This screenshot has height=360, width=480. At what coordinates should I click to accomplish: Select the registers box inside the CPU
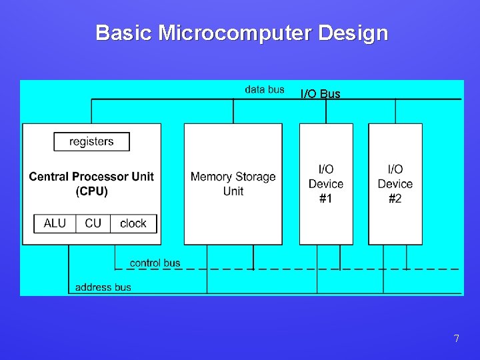(91, 141)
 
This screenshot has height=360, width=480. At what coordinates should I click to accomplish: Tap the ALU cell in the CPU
(55, 223)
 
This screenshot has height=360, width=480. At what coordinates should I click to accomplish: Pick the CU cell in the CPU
(93, 223)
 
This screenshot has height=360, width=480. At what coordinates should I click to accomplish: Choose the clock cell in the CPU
(133, 223)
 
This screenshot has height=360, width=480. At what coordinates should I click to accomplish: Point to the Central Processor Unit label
(91, 177)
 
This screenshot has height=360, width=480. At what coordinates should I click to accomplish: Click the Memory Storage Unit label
(233, 184)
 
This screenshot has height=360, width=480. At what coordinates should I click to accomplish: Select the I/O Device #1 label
(326, 184)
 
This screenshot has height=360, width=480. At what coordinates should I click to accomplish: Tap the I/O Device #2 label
(395, 184)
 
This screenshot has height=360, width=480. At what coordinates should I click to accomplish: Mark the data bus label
(265, 89)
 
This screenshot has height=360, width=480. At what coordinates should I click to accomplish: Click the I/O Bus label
(320, 94)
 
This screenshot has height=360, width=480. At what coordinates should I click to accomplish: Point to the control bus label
(155, 263)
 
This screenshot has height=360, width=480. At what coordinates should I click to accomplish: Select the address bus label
(103, 287)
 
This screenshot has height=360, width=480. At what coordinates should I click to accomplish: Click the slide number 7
(456, 339)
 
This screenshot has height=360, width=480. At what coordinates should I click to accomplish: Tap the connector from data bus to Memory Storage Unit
(233, 111)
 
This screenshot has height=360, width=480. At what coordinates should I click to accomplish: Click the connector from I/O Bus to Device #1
(326, 111)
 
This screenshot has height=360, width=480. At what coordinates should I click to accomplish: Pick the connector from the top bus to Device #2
(395, 111)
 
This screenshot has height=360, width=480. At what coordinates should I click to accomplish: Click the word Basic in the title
(124, 33)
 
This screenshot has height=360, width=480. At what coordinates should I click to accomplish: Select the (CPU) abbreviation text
(91, 191)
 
